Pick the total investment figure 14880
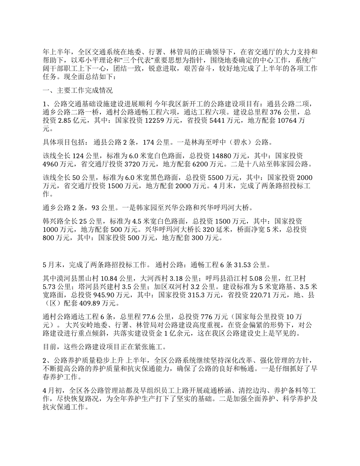[222, 156]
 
